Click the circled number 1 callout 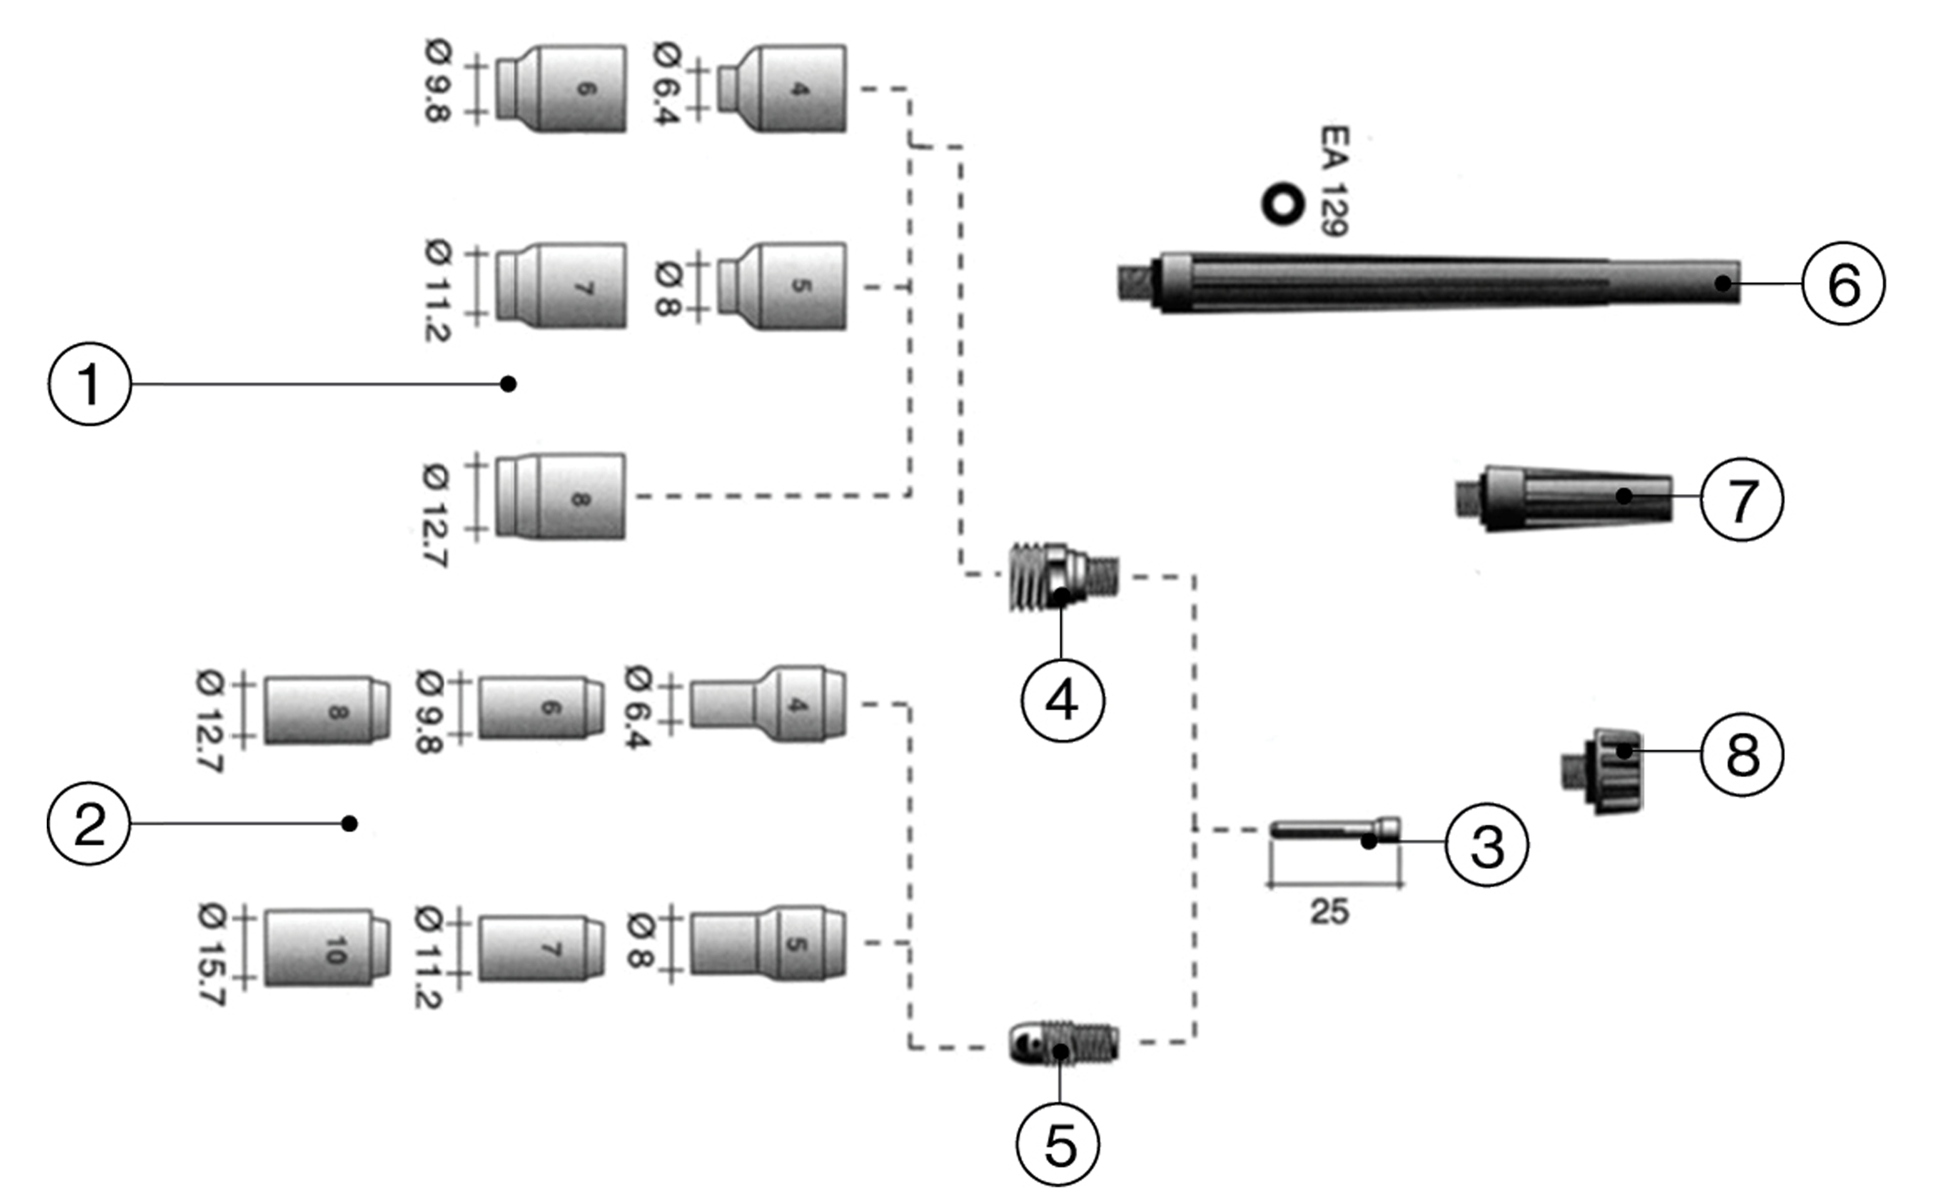click(90, 385)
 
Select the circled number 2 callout click(89, 824)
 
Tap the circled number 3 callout click(1486, 845)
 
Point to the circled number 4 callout click(1062, 701)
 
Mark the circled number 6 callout click(1843, 284)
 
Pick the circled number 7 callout click(1741, 499)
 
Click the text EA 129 click(1334, 181)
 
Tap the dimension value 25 click(1329, 912)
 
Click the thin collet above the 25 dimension click(1334, 829)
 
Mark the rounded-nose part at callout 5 click(1063, 1043)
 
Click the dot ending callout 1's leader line click(509, 385)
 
